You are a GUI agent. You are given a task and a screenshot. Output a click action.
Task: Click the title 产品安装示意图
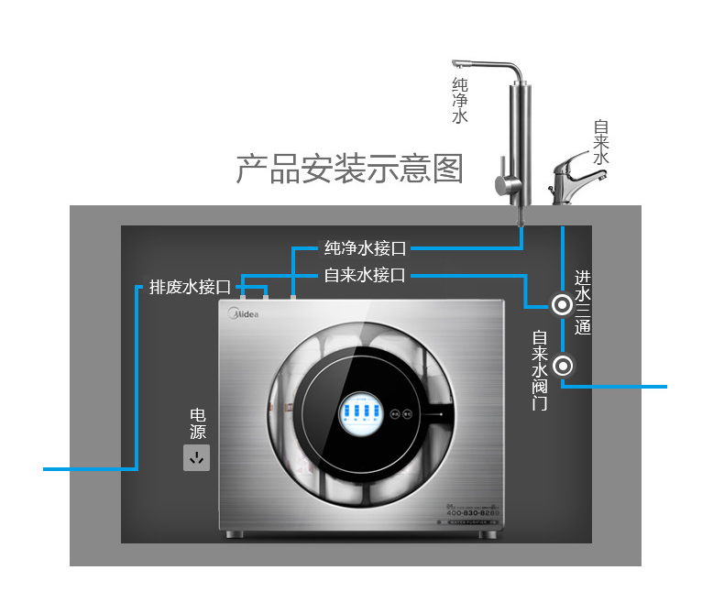(x=349, y=170)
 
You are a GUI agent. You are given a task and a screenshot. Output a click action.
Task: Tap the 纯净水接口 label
(x=365, y=248)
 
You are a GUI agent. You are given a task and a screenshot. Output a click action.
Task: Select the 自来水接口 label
(x=365, y=275)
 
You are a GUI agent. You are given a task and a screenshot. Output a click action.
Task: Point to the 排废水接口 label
(x=190, y=287)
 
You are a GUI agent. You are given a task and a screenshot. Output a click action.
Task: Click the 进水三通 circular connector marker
(x=561, y=304)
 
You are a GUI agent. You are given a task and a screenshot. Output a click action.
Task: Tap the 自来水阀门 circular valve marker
(x=564, y=367)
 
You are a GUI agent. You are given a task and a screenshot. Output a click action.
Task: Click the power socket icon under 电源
(x=196, y=457)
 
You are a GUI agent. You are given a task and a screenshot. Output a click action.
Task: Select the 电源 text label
(x=197, y=423)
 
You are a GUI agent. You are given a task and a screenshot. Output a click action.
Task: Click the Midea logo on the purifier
(x=244, y=313)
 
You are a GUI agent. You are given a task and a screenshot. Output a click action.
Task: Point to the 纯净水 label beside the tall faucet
(x=460, y=101)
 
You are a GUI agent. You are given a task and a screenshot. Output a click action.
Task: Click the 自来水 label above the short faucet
(x=601, y=143)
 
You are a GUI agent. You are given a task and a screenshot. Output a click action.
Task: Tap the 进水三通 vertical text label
(x=584, y=303)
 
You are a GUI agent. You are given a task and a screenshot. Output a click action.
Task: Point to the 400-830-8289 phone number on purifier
(x=466, y=512)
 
